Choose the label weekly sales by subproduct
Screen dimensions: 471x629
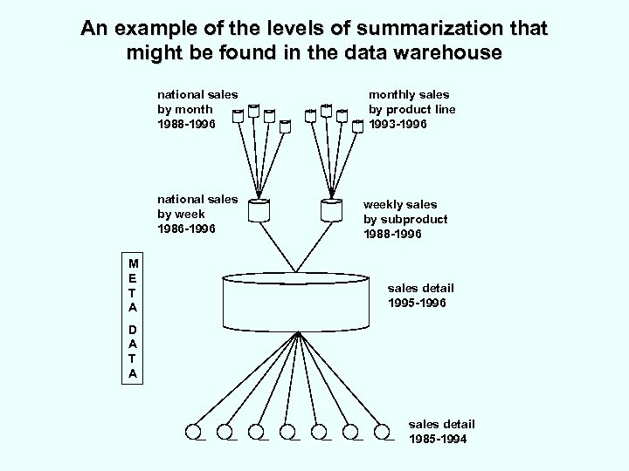click(x=405, y=220)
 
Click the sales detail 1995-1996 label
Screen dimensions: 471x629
click(x=421, y=295)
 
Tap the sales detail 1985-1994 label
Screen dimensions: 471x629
click(x=438, y=432)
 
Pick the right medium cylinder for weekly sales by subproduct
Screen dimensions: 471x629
click(x=331, y=210)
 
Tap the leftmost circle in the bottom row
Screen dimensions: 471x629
click(x=193, y=431)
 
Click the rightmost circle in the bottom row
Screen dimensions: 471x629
click(x=381, y=431)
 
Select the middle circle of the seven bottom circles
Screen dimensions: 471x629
click(x=287, y=431)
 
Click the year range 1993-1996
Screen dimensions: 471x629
click(x=398, y=124)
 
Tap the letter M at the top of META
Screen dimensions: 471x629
click(x=132, y=263)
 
